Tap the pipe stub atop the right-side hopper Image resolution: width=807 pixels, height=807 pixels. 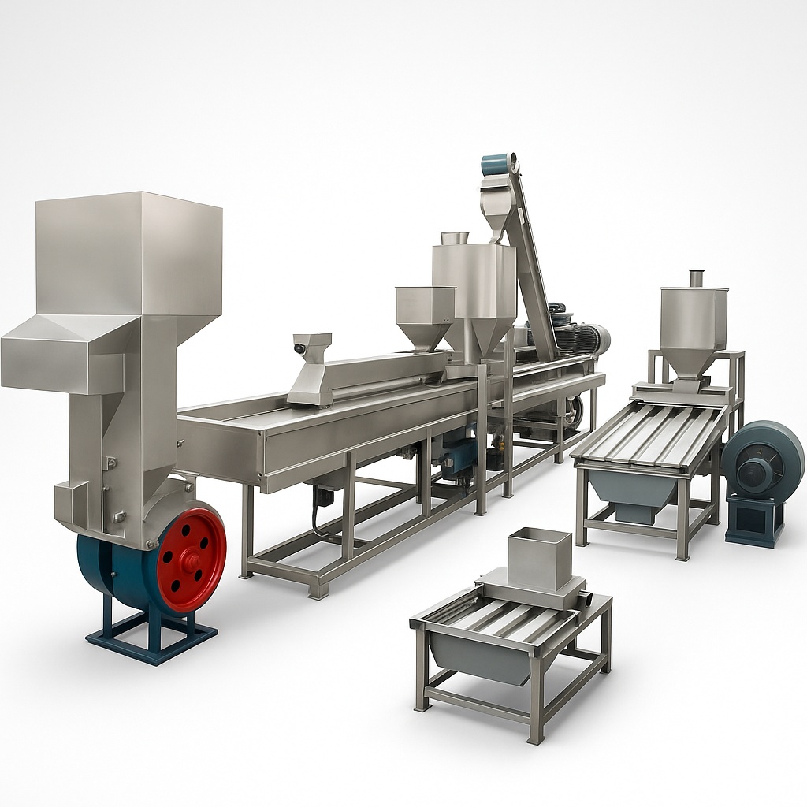click(697, 277)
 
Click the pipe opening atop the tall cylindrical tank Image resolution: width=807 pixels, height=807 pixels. click(455, 236)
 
